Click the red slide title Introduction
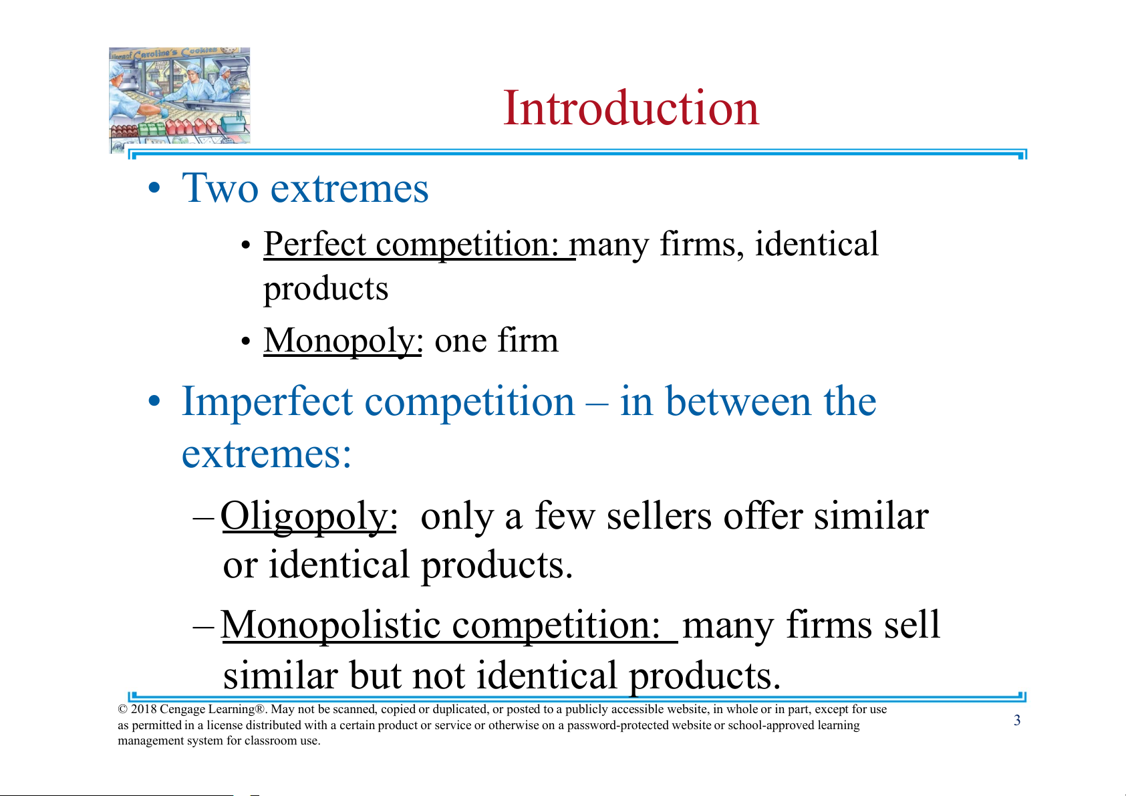pos(631,108)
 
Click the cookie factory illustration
pos(180,99)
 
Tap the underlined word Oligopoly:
pos(309,517)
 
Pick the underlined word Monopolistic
pos(331,626)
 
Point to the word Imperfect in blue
pos(267,402)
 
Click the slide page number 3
pos(1017,720)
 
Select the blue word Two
pos(220,188)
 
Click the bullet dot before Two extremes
pos(154,189)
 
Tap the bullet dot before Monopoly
pos(245,342)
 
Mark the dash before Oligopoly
pos(204,519)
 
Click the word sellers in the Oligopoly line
pos(659,517)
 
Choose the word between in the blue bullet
pos(738,402)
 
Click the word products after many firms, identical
pos(325,289)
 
